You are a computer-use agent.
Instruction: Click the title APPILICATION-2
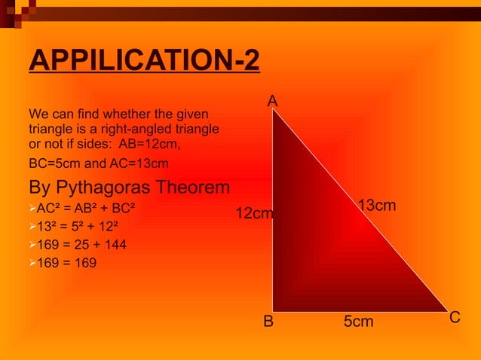click(x=144, y=61)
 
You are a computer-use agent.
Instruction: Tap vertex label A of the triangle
click(x=272, y=101)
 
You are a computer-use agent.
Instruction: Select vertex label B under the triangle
click(x=268, y=322)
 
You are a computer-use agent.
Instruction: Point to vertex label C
click(x=455, y=319)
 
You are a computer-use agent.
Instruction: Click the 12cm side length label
click(x=254, y=214)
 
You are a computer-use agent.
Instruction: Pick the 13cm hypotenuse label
click(x=377, y=206)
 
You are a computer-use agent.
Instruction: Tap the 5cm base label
click(x=358, y=322)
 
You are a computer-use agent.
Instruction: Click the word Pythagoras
click(x=116, y=187)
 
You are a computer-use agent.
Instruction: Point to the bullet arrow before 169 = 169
click(x=32, y=263)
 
